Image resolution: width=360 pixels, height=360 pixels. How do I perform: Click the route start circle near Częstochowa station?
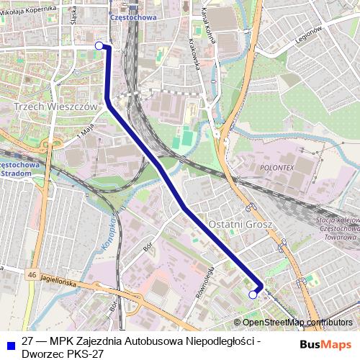(x=99, y=45)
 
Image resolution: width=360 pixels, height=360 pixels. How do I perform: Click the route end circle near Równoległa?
(x=253, y=294)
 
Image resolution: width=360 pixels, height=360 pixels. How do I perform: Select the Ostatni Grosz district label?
(x=240, y=225)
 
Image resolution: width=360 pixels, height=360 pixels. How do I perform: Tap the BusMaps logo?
(x=325, y=344)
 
